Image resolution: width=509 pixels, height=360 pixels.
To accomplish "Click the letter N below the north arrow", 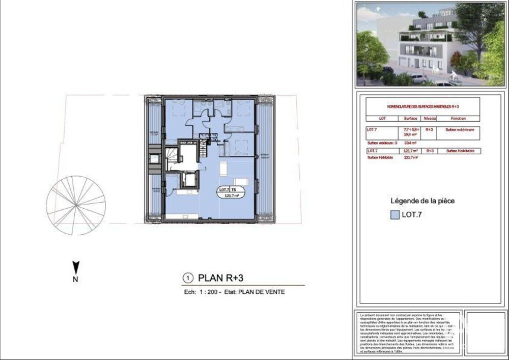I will (75, 279).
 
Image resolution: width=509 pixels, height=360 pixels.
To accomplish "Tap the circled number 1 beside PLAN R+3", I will (188, 278).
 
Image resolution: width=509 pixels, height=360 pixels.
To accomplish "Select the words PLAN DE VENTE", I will (263, 292).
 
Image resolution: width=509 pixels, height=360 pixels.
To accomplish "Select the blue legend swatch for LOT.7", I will (394, 215).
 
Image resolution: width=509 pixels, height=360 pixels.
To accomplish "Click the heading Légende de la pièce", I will (422, 201).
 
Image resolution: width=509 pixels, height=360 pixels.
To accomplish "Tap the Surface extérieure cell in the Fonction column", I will (460, 130).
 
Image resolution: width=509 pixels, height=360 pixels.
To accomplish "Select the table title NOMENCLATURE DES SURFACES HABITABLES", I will (423, 106).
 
